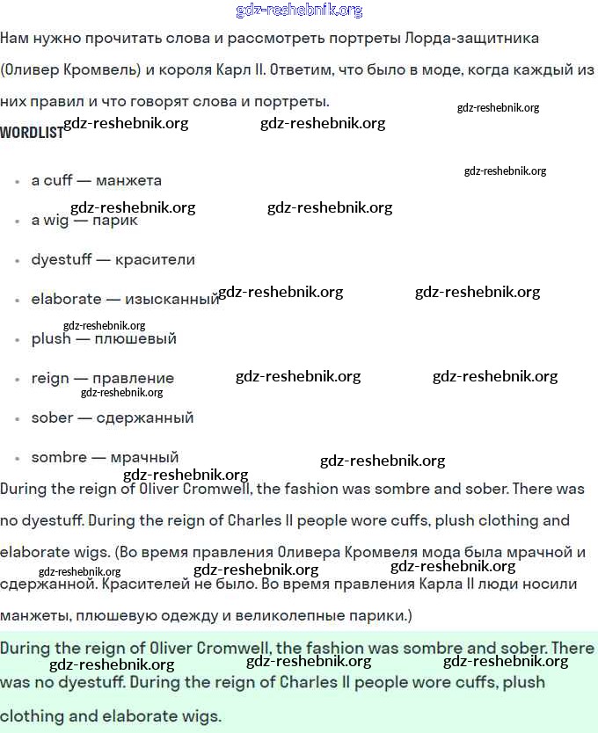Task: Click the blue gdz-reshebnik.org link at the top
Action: tap(299, 10)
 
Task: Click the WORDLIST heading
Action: tap(32, 133)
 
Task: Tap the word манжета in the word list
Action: tap(128, 180)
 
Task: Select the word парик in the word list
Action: tap(114, 221)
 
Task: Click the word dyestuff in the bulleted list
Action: tap(62, 260)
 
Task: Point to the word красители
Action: tap(155, 260)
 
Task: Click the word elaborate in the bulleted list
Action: tap(67, 299)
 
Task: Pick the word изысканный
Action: tap(172, 299)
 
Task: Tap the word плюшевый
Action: tap(135, 338)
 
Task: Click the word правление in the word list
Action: tap(134, 378)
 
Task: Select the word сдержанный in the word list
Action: tap(145, 418)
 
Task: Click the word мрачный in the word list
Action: tap(144, 457)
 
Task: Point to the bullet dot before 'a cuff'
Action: tap(18, 181)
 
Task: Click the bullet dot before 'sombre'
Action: tap(18, 459)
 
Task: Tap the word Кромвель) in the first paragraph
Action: tap(101, 69)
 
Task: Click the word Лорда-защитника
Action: tap(471, 38)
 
